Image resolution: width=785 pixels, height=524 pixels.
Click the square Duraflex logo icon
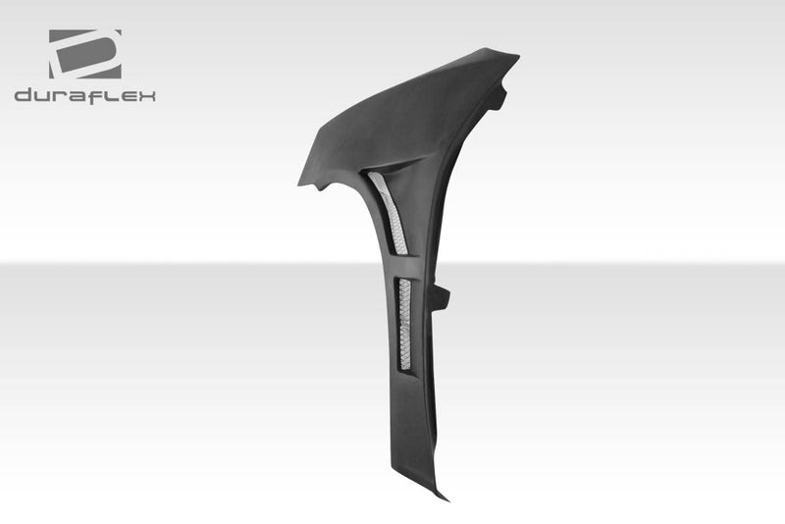[x=84, y=54]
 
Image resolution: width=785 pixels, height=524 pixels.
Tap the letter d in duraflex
[x=24, y=95]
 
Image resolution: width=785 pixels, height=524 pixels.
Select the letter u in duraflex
[x=44, y=96]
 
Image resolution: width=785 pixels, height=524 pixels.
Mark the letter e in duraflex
[x=127, y=96]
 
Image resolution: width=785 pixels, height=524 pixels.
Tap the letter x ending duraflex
[x=146, y=96]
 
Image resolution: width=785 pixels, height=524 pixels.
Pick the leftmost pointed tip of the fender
[x=301, y=182]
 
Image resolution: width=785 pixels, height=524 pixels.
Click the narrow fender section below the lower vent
[x=417, y=422]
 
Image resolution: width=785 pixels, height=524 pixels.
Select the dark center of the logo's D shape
[x=82, y=56]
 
